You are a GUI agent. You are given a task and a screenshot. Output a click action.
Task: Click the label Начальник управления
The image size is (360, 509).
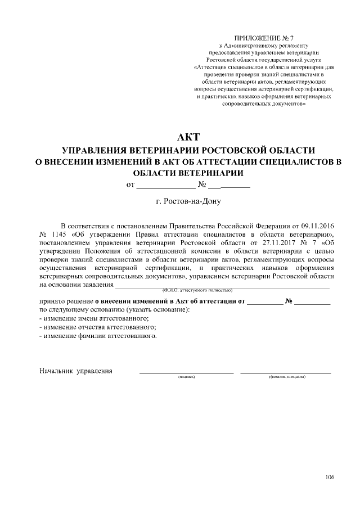click(75, 371)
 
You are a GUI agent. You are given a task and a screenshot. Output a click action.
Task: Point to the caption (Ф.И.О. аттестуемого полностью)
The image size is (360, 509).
click(196, 290)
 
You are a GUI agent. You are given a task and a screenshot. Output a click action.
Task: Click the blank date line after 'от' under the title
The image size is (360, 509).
click(165, 184)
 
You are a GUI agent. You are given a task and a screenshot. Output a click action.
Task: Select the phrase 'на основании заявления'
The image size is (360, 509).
click(76, 285)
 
